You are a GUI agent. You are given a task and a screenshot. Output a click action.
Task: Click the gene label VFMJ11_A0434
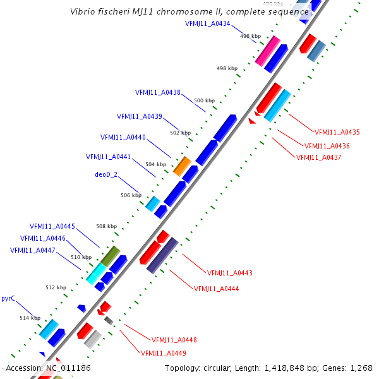(208, 23)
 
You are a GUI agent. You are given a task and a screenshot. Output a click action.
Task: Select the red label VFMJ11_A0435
(337, 132)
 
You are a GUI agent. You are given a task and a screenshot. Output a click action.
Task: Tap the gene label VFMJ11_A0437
(318, 157)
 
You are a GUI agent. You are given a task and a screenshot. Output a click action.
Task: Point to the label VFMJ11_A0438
(157, 92)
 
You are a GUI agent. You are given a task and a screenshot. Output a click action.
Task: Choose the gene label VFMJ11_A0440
(123, 137)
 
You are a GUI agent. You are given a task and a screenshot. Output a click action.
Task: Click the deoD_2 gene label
(106, 174)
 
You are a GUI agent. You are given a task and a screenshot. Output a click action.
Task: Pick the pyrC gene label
(8, 298)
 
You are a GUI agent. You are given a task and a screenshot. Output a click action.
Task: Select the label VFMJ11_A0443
(230, 273)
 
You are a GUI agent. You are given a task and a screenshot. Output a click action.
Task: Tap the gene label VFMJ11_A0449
(163, 353)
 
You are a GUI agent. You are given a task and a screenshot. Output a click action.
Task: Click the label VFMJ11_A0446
(43, 238)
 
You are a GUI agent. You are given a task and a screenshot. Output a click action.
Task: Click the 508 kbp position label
(106, 226)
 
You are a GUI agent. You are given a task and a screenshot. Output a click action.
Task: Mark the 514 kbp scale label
(30, 318)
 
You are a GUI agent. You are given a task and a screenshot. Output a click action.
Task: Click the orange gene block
(182, 166)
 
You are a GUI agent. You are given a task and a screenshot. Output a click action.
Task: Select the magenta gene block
(268, 51)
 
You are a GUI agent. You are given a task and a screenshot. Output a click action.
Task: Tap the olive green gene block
(111, 256)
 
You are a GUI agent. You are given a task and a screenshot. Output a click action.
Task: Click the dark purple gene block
(162, 255)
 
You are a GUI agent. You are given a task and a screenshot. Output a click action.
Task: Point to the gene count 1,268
(361, 368)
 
